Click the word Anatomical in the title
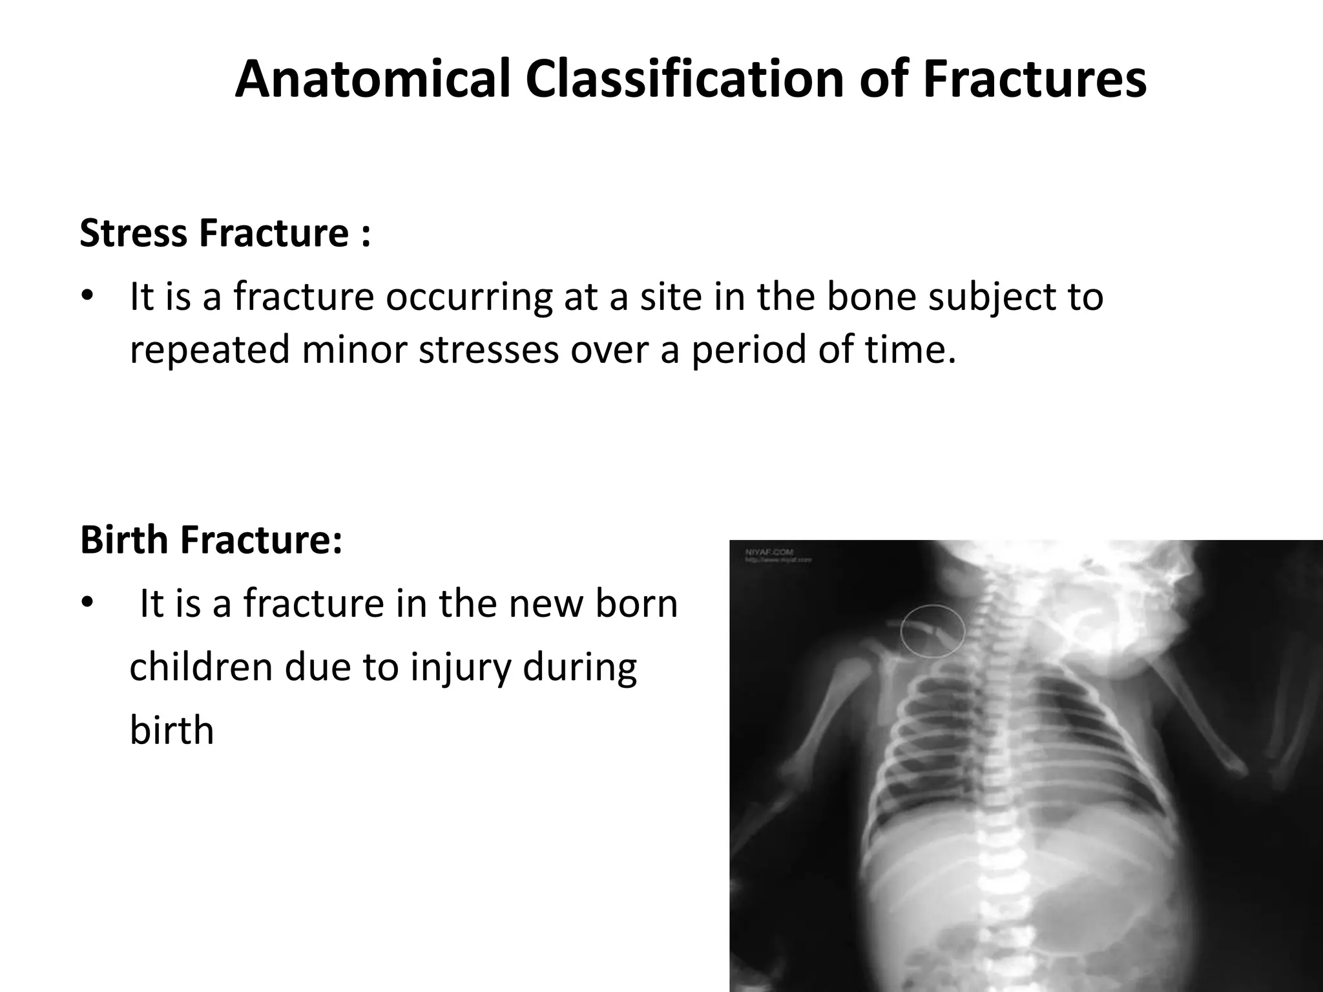point(373,79)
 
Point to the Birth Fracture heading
point(211,540)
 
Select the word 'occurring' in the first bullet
point(469,296)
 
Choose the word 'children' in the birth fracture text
point(200,667)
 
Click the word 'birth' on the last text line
point(171,730)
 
